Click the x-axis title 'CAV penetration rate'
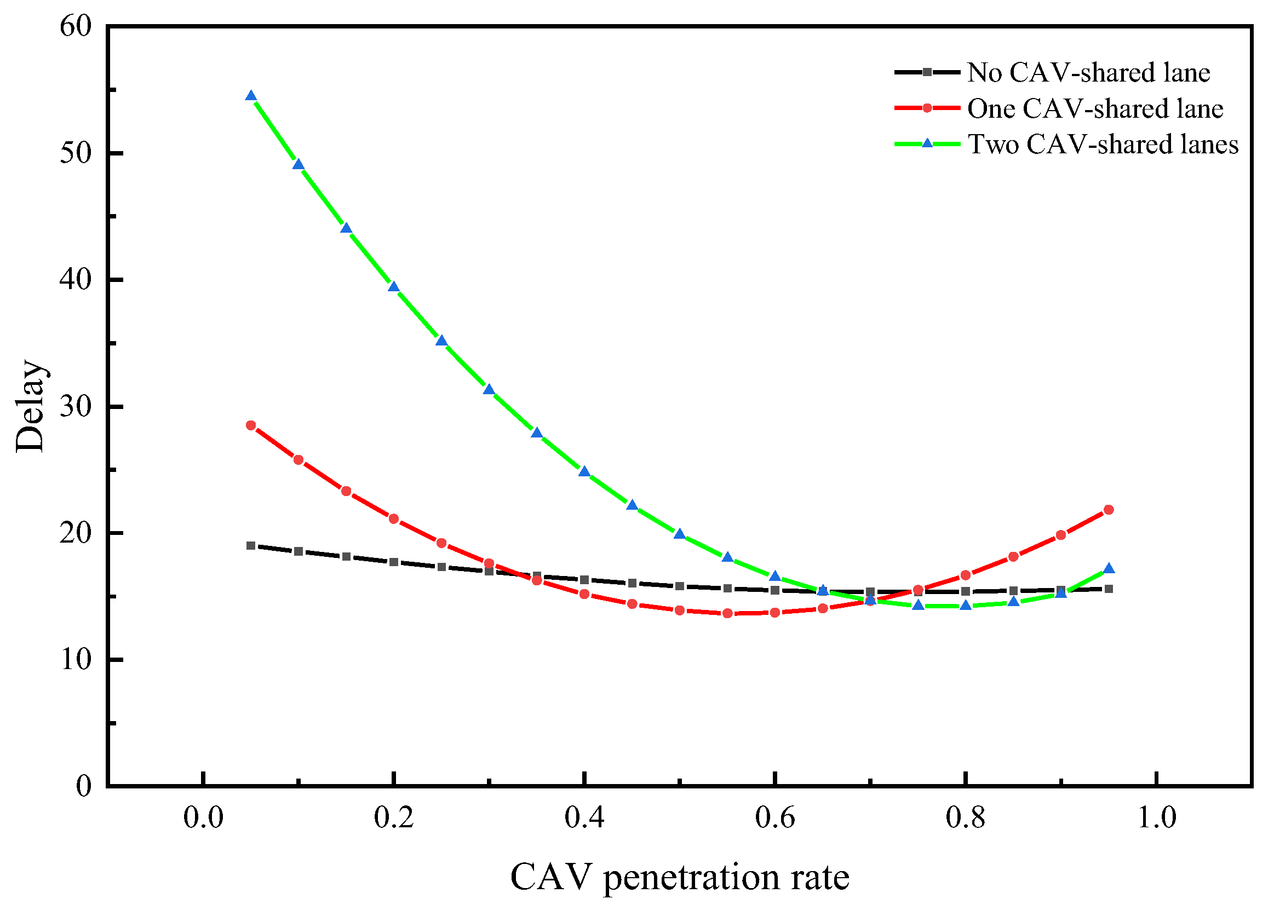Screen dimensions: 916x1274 point(680,877)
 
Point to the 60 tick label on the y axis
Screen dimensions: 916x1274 point(75,26)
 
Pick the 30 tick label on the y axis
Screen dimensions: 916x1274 point(75,406)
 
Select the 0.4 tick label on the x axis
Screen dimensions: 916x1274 point(584,817)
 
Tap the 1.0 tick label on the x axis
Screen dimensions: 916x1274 point(1156,817)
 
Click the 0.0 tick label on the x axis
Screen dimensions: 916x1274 point(203,817)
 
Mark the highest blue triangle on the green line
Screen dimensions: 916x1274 point(251,96)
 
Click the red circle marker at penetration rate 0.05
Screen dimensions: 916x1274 point(251,425)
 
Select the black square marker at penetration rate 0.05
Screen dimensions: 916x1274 point(251,545)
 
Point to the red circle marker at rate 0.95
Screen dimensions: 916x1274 point(1108,509)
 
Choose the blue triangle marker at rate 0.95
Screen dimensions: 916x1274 point(1108,568)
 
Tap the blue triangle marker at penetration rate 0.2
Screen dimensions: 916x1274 point(394,287)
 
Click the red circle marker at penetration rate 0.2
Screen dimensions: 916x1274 point(394,519)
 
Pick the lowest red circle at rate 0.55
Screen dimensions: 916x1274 point(727,613)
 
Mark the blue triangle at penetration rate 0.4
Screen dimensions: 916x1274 point(584,471)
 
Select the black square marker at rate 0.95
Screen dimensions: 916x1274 point(1108,589)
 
